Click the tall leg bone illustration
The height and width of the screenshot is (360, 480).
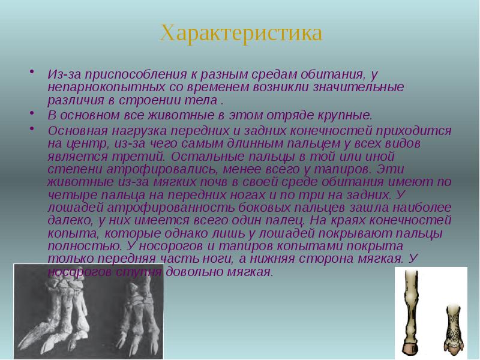click(x=411, y=312)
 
